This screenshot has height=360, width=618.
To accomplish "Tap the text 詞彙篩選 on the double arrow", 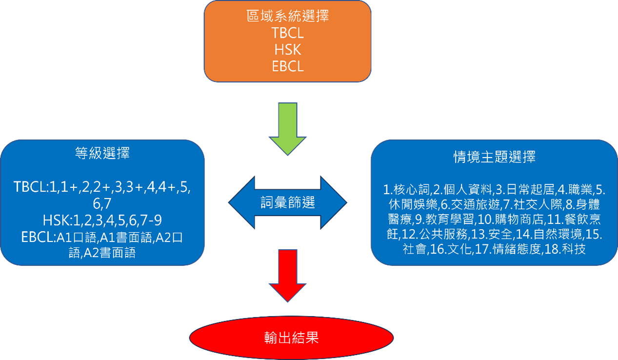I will click(288, 202).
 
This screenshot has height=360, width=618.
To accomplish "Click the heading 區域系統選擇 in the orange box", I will click(287, 17).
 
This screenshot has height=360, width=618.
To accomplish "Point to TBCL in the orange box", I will click(287, 33).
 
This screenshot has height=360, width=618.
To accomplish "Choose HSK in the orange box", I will click(287, 49).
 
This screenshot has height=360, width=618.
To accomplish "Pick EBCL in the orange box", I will click(287, 66).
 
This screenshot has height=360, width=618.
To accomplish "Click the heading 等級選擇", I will click(102, 154).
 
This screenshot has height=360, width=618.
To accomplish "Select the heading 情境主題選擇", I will click(494, 157).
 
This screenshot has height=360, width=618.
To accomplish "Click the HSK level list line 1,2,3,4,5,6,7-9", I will click(102, 220).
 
